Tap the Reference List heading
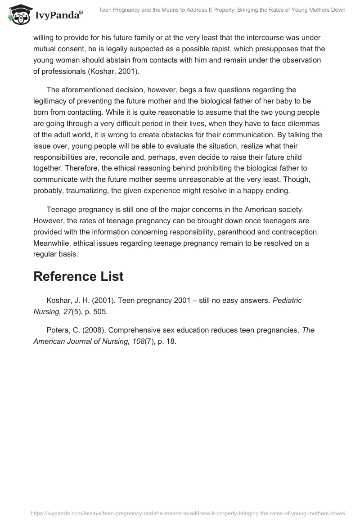point(78,277)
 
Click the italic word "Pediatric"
point(287,301)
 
